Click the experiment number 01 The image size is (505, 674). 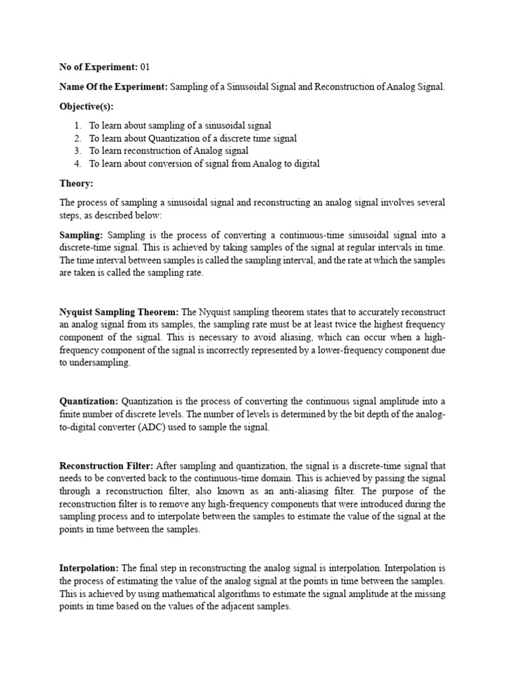coord(146,67)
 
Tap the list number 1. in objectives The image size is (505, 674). coord(78,125)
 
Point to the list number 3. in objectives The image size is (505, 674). coord(78,151)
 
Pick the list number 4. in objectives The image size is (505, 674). coord(78,163)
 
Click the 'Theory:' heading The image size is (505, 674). coord(76,183)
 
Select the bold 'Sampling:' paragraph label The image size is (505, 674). coord(81,235)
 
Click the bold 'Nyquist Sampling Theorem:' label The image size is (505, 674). coord(118,312)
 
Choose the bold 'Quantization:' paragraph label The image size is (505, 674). coord(89,402)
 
